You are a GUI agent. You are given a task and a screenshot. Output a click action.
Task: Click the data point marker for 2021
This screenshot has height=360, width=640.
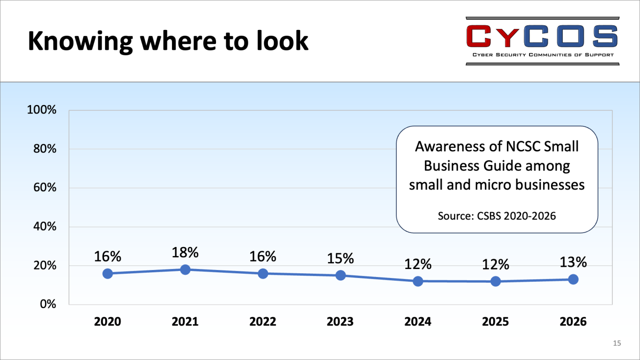tap(185, 270)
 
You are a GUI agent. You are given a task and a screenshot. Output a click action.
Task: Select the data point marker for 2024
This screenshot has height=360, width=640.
tap(418, 281)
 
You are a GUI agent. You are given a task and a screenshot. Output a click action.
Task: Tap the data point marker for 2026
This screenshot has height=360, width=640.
tap(573, 279)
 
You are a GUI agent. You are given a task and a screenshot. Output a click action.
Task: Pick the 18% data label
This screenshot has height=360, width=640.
tap(185, 253)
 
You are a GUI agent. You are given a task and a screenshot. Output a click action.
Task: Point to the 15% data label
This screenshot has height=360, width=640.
tap(340, 258)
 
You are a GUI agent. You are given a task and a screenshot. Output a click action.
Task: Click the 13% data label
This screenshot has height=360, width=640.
tap(573, 262)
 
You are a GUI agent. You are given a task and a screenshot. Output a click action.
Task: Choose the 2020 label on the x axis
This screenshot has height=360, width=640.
tap(107, 322)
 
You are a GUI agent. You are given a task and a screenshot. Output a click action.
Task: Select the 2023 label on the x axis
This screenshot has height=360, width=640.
tap(340, 322)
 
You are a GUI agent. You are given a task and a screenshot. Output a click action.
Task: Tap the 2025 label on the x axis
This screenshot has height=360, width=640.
tap(495, 322)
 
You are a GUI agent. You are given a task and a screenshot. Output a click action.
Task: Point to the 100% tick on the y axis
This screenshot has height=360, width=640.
tap(42, 110)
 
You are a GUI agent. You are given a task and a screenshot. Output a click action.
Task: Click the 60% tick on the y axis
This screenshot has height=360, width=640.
tap(45, 187)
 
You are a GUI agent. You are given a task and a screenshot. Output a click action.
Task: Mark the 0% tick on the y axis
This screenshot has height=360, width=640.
tap(48, 304)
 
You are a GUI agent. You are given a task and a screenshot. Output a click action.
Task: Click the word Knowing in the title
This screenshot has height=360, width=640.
tap(80, 41)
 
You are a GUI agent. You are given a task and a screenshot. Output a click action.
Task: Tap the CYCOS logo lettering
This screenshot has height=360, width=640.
tap(542, 36)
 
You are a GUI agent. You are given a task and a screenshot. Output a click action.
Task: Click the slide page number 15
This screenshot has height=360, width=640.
tap(617, 343)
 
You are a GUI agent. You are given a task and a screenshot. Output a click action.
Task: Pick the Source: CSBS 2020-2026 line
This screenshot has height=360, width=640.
tap(497, 216)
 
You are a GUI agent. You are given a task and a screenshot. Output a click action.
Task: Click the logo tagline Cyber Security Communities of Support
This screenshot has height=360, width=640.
tap(543, 55)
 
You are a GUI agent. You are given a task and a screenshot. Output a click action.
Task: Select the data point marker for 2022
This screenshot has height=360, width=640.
tap(263, 274)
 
